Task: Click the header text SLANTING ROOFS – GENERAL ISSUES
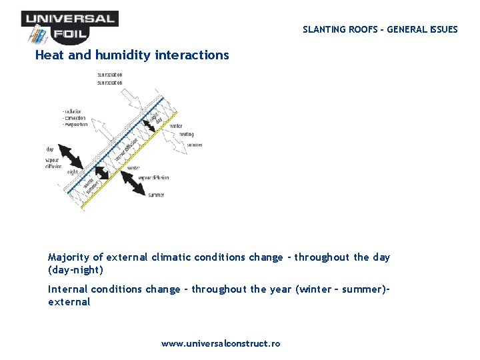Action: (380, 29)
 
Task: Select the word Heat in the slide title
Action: (50, 55)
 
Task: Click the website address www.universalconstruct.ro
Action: (221, 344)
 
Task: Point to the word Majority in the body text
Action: (69, 257)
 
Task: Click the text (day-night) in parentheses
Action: (75, 271)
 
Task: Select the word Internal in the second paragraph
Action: (67, 289)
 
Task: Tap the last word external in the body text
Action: (69, 302)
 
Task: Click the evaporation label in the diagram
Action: (75, 125)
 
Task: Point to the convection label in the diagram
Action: (75, 118)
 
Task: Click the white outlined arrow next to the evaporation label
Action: (100, 129)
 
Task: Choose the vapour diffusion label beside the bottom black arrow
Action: (153, 178)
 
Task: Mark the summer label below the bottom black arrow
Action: (156, 195)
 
